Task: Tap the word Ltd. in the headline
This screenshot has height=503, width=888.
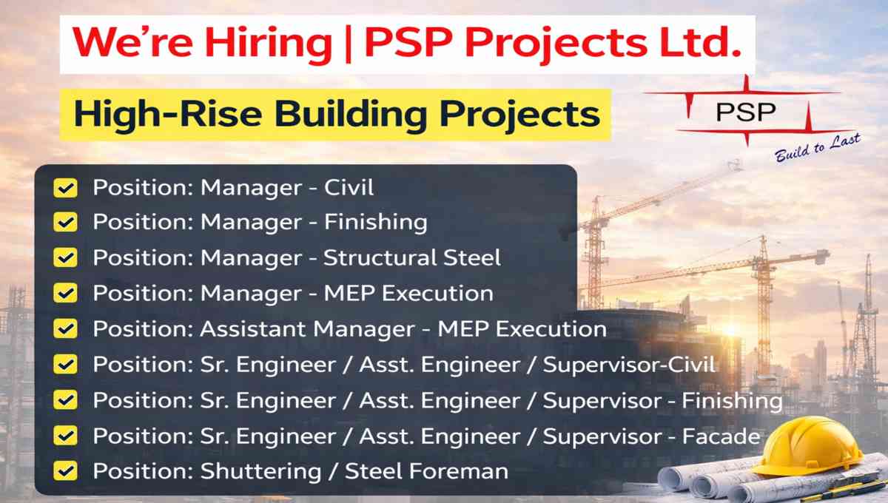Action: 700,41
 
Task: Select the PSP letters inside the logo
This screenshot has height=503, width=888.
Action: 746,112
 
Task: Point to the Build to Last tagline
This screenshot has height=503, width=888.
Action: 818,147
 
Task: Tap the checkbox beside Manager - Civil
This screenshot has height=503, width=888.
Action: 65,187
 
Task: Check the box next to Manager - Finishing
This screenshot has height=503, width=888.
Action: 65,222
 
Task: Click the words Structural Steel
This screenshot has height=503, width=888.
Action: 412,257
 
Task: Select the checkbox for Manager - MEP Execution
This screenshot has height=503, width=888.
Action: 65,293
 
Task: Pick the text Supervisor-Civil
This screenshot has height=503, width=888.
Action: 629,365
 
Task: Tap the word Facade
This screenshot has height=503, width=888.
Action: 721,436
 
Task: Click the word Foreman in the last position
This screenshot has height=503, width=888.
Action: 459,471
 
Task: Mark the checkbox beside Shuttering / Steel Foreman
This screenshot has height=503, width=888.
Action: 65,471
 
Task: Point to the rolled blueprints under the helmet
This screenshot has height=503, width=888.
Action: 773,480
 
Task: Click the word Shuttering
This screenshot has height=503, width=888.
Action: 260,471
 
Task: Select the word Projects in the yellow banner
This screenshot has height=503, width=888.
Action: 519,114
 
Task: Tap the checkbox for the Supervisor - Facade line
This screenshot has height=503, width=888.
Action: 65,436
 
